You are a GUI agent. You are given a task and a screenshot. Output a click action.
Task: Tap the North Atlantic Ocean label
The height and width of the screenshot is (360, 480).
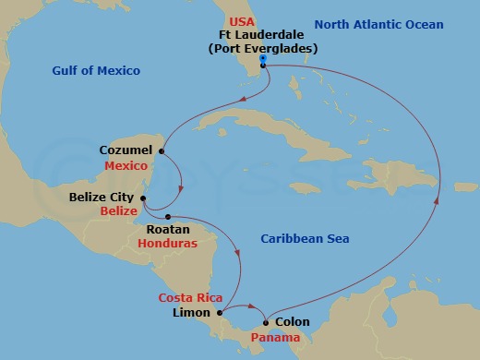coord(378,25)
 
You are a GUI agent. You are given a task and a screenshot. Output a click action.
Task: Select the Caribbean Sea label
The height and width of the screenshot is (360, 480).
coord(305,239)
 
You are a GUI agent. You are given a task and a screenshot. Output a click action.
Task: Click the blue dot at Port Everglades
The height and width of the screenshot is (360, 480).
coord(263,58)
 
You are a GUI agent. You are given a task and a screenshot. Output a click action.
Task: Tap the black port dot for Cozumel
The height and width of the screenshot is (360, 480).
coord(162,150)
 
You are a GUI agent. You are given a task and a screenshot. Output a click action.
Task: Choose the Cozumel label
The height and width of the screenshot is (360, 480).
coord(125,150)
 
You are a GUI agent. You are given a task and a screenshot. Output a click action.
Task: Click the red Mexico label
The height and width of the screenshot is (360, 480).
coord(126,166)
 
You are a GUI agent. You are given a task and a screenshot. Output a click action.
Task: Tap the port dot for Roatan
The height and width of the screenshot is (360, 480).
coord(168,217)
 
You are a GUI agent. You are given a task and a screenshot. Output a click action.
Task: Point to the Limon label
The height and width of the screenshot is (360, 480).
coord(192,313)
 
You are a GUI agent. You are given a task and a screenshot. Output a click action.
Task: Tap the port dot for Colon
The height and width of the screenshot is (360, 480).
coord(266,322)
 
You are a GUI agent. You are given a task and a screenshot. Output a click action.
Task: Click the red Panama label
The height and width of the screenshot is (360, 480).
coord(277,338)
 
